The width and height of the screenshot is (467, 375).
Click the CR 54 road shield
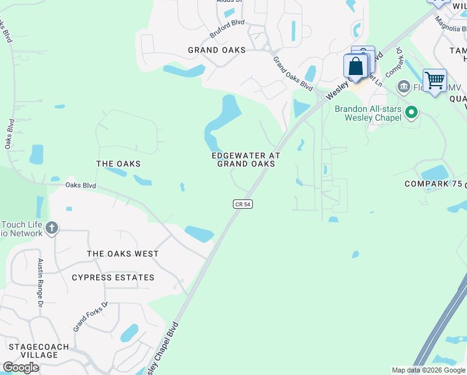[243, 204]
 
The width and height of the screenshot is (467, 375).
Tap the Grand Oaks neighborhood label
[217, 50]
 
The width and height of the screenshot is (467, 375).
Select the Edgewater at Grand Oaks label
[245, 159]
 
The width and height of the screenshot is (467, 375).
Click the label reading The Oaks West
[122, 254]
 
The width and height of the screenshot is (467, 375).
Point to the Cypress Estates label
[113, 277]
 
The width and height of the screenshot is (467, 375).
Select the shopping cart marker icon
[435, 80]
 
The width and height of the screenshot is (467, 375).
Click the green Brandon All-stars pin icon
[411, 112]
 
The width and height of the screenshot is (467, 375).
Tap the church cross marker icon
[52, 227]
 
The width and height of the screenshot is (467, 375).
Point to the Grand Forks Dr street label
[91, 316]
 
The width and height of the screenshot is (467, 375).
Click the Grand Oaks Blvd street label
[292, 72]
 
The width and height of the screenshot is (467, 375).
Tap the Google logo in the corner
[21, 367]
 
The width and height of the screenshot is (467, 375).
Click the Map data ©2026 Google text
[428, 370]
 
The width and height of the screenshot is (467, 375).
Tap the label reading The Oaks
[118, 164]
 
